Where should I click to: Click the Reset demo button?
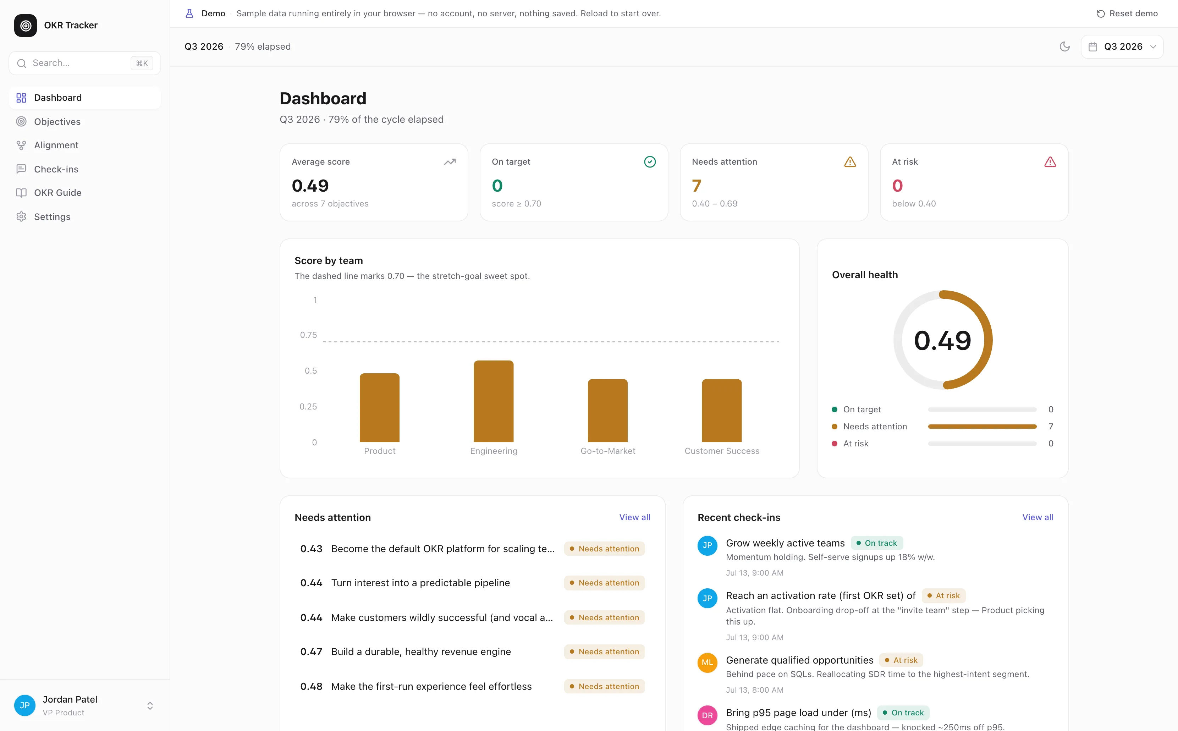pos(1127,13)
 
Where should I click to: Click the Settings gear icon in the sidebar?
pos(21,216)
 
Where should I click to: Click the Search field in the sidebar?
pos(84,63)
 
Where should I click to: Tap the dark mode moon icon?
pos(1064,46)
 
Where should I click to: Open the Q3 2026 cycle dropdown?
pos(1122,46)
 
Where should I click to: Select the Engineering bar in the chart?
pos(494,401)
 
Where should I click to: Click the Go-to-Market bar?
pos(607,411)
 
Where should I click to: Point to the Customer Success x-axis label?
pos(722,451)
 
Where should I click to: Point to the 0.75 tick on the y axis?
pos(308,335)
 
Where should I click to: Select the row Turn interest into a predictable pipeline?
pos(472,583)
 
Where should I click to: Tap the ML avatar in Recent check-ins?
pos(707,663)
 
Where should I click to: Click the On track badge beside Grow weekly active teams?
pos(876,543)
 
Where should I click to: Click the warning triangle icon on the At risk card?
pos(1050,162)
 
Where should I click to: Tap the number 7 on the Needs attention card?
pos(697,186)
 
